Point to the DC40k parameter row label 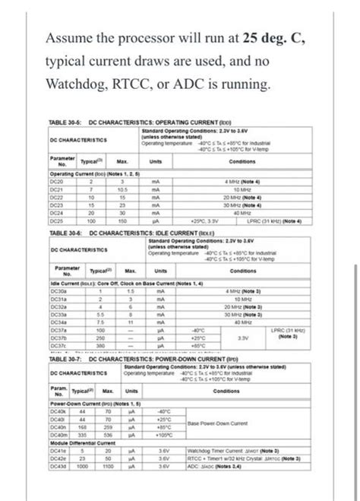point(58,411)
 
